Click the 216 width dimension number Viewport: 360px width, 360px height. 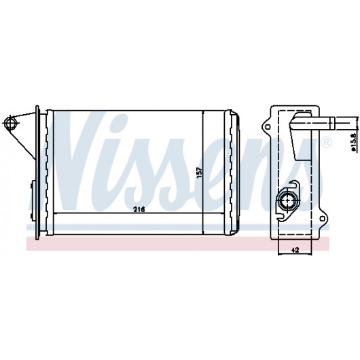(x=139, y=209)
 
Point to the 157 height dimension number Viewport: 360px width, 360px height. (x=199, y=173)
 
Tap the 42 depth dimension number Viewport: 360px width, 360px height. (x=295, y=250)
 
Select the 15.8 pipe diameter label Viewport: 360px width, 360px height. (x=353, y=142)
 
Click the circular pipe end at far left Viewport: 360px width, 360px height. (x=10, y=124)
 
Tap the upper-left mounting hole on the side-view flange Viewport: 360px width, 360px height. (x=268, y=126)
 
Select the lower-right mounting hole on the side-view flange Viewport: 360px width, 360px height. (x=322, y=219)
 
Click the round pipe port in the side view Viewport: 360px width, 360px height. (x=287, y=200)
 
